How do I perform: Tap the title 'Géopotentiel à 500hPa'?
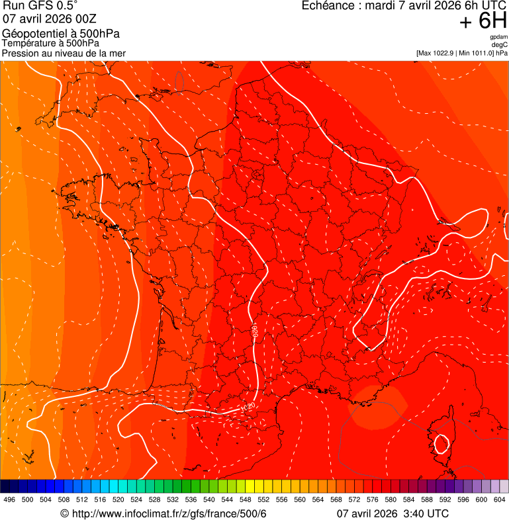pos(62,34)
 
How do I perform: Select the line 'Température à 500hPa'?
pos(51,44)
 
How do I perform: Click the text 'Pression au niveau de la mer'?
pos(64,53)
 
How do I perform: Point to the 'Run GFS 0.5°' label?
pos(40,6)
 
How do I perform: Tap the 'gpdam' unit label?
pos(499,37)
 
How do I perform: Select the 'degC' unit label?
pos(500,44)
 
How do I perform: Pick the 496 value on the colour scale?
pos(9,499)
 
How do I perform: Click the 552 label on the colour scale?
pos(263,499)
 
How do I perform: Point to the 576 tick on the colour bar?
pos(373,499)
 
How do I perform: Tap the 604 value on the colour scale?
pos(500,499)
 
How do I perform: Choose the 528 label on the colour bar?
pos(155,499)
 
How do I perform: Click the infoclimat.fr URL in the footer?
pos(168,514)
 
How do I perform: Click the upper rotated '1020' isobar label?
pos(255,331)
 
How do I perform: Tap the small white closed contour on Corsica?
pos(440,443)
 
